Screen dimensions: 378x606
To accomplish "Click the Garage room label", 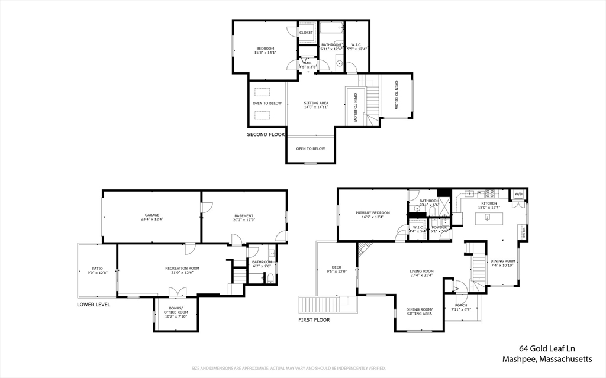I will pos(152,215).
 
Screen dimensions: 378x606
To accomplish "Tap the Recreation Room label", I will pos(182,269).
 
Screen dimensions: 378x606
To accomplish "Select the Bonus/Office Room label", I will pos(176,312).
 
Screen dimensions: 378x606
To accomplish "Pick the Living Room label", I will pos(421,272).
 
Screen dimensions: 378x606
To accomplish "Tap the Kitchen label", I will pos(489,203).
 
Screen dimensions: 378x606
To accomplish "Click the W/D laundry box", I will pos(518,194).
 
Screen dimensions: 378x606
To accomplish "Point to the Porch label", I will pos(461,305).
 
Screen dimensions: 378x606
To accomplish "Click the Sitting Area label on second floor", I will pos(316,103).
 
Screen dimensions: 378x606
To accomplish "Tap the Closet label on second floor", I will pos(306,33).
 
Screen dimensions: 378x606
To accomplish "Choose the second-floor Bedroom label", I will pos(265,49).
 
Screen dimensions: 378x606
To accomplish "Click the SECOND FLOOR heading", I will pos(266,135).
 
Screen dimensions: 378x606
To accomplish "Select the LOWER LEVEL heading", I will pos(94,305).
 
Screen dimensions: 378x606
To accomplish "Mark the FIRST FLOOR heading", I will pos(314,319).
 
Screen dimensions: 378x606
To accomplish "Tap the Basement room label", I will pos(244,216).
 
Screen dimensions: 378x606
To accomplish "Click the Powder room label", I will pos(439,227).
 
